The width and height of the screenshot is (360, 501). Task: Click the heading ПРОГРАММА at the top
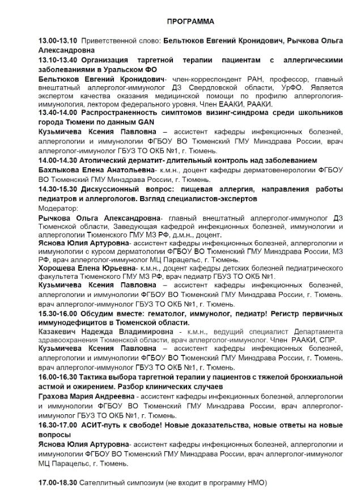190,22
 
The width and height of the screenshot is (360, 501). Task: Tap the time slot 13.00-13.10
57,41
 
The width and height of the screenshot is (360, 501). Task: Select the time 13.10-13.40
57,59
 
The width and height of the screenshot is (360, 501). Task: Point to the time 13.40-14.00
57,113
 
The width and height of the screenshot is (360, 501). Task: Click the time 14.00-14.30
57,161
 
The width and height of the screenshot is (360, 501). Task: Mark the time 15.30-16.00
57,313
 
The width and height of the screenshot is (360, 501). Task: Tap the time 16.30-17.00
57,424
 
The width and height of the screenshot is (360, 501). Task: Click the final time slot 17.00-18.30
57,483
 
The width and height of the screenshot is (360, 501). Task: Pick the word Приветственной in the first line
108,41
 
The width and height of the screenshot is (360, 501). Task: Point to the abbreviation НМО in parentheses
255,483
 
